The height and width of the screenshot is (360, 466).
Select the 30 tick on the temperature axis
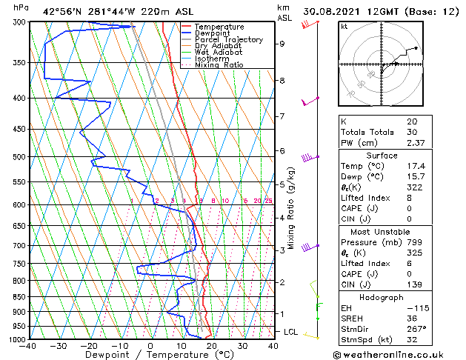(242, 346)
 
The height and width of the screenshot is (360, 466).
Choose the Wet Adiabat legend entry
(219, 53)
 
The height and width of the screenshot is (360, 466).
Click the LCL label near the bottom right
(290, 332)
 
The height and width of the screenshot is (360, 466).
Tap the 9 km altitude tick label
(282, 44)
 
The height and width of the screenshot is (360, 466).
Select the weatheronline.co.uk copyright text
(399, 353)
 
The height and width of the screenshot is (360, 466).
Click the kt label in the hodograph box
(344, 26)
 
